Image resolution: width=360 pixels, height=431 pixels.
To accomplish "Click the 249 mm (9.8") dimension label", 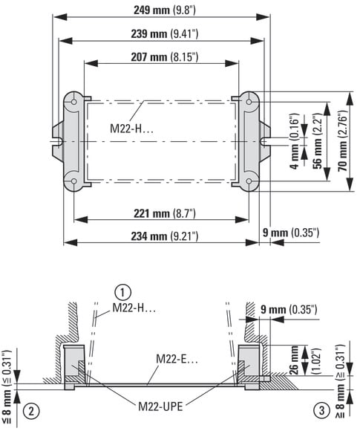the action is pos(165,10).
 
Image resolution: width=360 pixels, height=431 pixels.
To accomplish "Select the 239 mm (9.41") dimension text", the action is pos(165,33).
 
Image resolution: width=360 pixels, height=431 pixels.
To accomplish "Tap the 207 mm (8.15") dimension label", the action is pos(165,57).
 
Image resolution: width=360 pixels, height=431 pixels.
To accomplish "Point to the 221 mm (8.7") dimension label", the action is pos(165,213).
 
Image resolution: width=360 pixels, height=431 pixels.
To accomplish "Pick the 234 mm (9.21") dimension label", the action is pos(165,236).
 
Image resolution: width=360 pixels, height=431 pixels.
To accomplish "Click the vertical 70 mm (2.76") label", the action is pos(343,141).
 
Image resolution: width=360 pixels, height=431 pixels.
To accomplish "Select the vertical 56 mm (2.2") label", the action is pos(318,140).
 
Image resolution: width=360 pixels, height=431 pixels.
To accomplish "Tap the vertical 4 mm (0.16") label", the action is pos(295,140).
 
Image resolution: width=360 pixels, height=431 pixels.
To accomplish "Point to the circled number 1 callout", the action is pos(122,292).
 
